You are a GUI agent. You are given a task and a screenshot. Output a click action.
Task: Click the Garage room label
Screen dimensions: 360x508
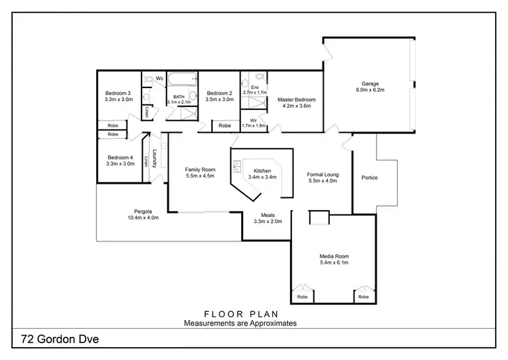click(369, 83)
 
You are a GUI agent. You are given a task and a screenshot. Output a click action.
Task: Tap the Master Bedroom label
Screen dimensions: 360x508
click(296, 100)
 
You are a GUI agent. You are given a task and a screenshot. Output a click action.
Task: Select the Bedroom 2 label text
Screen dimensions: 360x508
click(219, 93)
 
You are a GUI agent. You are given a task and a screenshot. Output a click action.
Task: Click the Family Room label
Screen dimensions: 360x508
click(200, 169)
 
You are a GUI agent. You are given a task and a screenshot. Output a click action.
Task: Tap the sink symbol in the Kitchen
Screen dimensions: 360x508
click(238, 165)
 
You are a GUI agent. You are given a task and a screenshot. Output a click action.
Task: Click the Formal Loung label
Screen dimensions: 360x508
click(322, 175)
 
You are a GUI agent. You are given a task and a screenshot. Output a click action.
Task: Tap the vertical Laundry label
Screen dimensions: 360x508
click(155, 159)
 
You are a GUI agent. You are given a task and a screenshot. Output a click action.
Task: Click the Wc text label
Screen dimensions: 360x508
click(160, 79)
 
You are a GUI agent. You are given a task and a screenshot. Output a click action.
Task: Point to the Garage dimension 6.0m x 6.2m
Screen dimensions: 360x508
click(369, 89)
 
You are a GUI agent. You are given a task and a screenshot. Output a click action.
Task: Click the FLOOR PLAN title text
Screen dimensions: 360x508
click(240, 315)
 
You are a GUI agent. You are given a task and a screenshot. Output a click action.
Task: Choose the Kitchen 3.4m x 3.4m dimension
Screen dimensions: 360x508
click(262, 177)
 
